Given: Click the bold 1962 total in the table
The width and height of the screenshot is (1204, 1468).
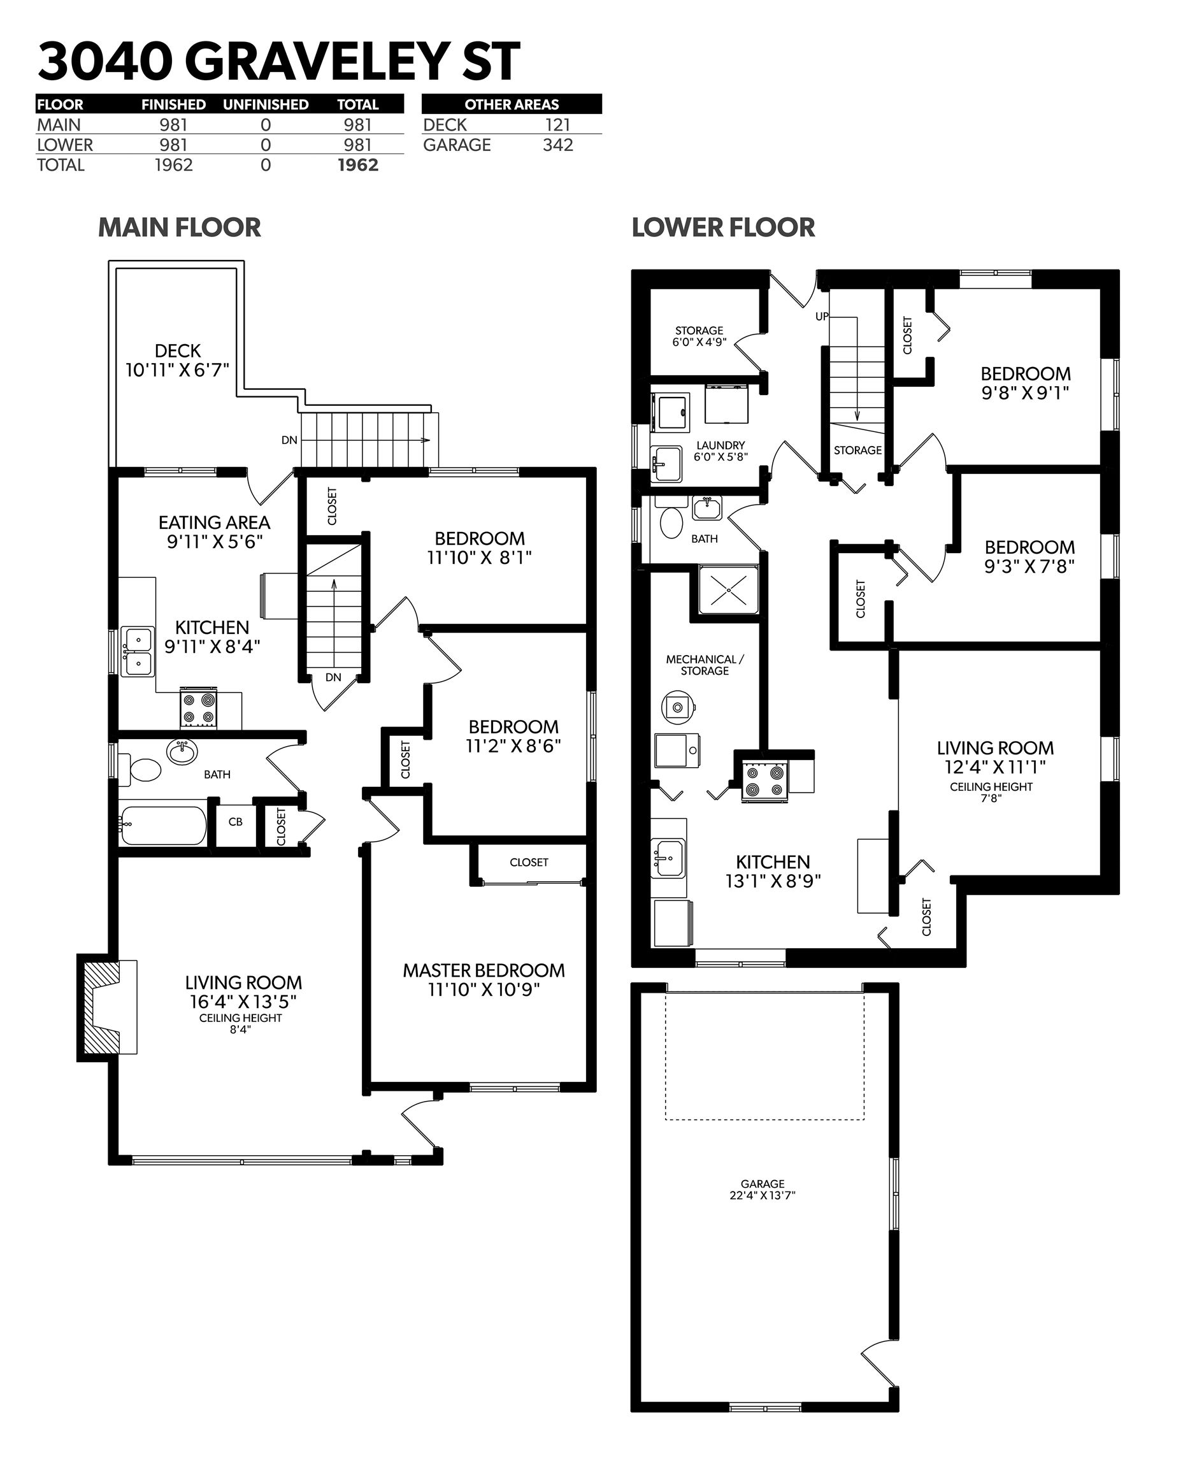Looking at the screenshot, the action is (x=358, y=165).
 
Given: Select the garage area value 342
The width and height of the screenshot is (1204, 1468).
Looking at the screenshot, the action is (x=557, y=145).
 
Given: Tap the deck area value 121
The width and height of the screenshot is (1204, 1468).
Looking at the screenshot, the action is (x=557, y=125).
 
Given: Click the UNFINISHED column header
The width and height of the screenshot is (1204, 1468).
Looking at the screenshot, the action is (x=266, y=104).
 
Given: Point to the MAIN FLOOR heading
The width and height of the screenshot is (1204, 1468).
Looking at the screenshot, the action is (x=180, y=227).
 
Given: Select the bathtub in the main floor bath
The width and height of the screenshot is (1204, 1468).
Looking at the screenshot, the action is (x=164, y=825).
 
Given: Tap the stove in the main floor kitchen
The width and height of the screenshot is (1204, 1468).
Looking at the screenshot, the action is (x=198, y=709).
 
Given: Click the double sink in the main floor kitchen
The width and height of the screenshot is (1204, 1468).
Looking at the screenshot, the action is (x=138, y=651).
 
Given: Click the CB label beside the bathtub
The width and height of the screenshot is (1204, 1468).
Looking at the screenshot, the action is (x=235, y=822).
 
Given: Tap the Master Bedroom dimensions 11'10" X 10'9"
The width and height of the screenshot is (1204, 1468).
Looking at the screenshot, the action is (x=484, y=990).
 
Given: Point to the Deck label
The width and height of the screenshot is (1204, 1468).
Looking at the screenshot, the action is (x=178, y=351).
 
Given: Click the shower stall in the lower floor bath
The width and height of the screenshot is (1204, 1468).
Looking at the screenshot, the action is (x=729, y=591).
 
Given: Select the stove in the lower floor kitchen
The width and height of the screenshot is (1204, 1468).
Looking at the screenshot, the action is (x=765, y=781).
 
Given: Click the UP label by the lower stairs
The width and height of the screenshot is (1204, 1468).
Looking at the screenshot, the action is (x=822, y=317).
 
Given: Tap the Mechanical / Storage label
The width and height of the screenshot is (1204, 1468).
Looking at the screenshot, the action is (x=705, y=665).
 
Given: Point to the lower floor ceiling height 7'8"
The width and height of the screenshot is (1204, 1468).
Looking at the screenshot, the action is (x=991, y=798).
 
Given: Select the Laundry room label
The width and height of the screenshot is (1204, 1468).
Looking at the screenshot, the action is (x=720, y=445).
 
